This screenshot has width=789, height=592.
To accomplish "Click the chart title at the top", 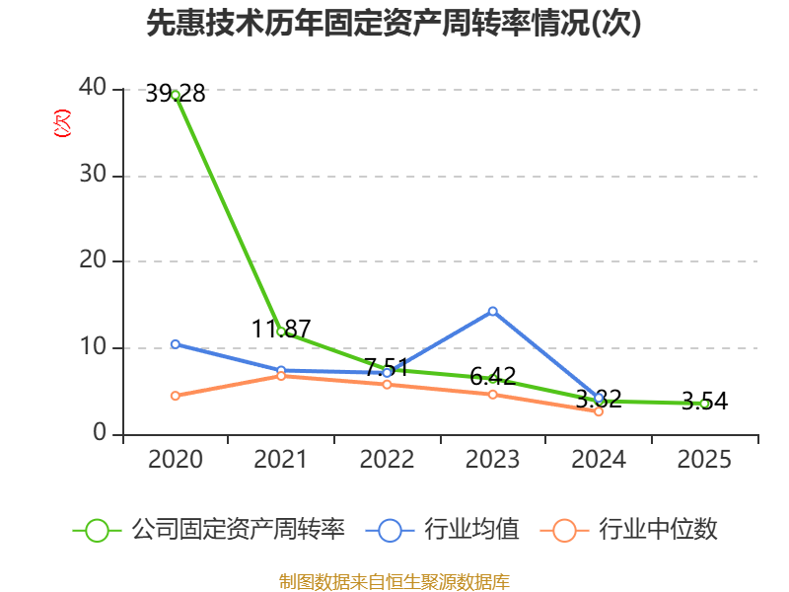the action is click(394, 23).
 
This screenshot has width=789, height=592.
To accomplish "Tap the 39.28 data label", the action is click(176, 94).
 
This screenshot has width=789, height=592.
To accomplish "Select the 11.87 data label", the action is click(281, 329).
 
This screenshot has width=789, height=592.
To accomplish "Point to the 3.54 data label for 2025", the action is click(704, 402).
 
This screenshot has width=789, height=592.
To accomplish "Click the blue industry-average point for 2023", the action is click(492, 312).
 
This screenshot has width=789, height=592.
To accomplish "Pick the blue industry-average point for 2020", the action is click(176, 344).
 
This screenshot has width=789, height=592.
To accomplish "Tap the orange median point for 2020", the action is click(176, 396).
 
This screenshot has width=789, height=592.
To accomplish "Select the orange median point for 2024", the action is click(599, 411).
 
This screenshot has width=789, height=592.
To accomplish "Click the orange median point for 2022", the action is click(387, 385).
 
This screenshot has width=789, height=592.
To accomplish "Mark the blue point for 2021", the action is click(281, 371).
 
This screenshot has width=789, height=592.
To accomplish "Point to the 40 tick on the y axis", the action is click(93, 88).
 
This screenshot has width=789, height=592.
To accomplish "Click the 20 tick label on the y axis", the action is click(93, 260).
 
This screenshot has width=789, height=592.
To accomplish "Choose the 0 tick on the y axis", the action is click(100, 432).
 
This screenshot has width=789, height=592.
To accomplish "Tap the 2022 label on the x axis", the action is click(387, 459).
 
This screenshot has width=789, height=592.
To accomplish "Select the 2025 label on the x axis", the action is click(704, 459).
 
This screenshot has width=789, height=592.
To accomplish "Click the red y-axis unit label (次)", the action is click(62, 123).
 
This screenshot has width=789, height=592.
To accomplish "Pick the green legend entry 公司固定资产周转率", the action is click(209, 530).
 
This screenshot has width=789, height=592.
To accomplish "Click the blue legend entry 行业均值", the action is click(442, 530).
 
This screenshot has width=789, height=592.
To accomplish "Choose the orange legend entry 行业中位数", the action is click(628, 530).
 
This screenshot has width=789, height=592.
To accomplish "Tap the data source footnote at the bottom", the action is click(394, 582).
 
